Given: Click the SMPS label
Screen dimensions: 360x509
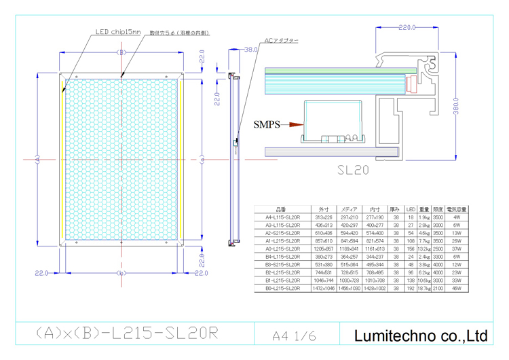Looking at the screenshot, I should pyautogui.click(x=267, y=125).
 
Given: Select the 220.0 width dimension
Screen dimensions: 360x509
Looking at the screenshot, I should pyautogui.click(x=407, y=28).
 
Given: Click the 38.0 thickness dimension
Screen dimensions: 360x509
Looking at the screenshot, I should pyautogui.click(x=250, y=50).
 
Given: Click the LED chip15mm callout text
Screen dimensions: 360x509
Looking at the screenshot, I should pyautogui.click(x=117, y=31).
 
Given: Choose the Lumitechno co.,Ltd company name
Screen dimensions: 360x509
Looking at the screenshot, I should pyautogui.click(x=421, y=336).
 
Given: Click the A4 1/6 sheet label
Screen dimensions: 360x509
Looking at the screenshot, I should pyautogui.click(x=293, y=336).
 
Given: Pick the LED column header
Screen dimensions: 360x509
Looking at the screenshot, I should pyautogui.click(x=411, y=209).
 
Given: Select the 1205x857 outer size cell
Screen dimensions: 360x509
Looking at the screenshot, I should pyautogui.click(x=322, y=249).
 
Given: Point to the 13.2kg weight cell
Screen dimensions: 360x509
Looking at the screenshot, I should pyautogui.click(x=424, y=249).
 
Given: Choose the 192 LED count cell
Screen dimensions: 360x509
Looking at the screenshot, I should pyautogui.click(x=411, y=289).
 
